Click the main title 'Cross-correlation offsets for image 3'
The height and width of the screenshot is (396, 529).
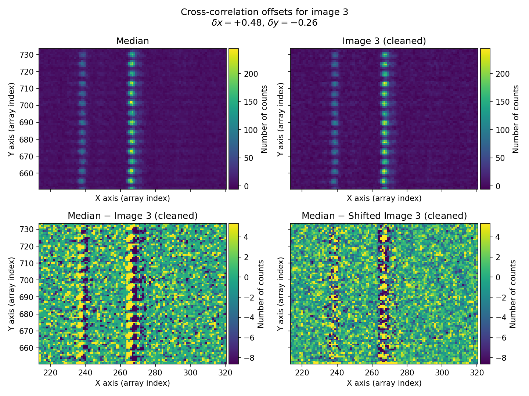point(264,12)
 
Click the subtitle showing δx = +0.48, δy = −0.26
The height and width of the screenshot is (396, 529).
point(264,23)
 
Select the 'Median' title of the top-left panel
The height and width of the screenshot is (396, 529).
point(132,41)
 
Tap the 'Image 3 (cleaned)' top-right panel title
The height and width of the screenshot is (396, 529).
point(384,41)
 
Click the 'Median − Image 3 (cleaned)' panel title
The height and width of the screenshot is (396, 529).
point(132,216)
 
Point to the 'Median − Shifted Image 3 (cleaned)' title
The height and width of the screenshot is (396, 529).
point(384,216)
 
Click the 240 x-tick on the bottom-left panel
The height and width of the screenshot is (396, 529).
point(86,372)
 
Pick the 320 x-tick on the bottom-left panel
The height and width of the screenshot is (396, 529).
point(225,372)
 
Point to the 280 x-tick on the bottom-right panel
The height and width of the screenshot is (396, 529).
point(407,372)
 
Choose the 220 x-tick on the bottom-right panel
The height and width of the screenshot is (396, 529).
point(302,372)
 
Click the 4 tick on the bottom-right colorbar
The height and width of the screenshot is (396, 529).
point(498,237)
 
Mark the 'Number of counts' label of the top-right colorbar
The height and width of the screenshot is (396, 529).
point(516,119)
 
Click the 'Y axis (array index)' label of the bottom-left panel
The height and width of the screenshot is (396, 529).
point(12,294)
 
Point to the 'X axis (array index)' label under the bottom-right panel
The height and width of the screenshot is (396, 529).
point(384,383)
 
